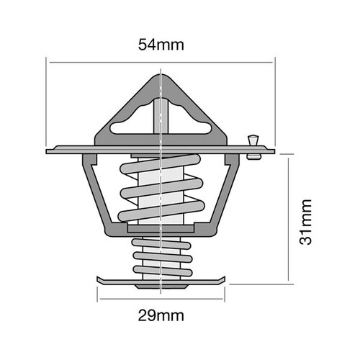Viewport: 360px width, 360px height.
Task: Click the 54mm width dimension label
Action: [x=161, y=45]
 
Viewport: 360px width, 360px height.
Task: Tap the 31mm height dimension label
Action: [x=307, y=218]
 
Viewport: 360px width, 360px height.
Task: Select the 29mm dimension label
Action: [x=161, y=315]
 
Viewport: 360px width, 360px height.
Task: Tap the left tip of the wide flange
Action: [x=48, y=151]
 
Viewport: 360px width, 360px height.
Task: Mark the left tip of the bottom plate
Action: [x=96, y=280]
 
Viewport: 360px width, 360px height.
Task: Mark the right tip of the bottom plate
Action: [x=223, y=280]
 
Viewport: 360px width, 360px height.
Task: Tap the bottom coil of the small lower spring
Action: [x=160, y=271]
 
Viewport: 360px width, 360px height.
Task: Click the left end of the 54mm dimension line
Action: [x=48, y=63]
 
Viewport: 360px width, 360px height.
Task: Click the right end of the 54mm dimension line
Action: [x=274, y=63]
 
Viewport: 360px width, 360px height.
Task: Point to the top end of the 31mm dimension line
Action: [x=289, y=153]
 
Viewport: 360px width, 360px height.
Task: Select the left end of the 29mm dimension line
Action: [x=96, y=298]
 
